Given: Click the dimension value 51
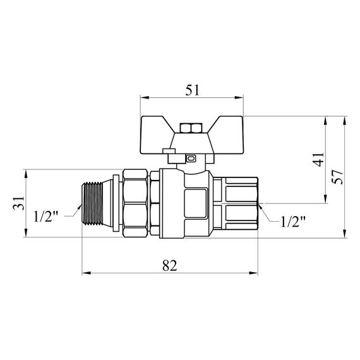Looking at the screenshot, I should pyautogui.click(x=192, y=90).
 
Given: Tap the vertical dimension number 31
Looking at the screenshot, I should pyautogui.click(x=19, y=203).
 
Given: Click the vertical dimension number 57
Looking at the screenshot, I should pyautogui.click(x=337, y=177).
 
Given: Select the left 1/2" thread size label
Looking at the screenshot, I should pyautogui.click(x=46, y=217).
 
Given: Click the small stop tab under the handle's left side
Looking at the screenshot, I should pyautogui.click(x=168, y=151).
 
